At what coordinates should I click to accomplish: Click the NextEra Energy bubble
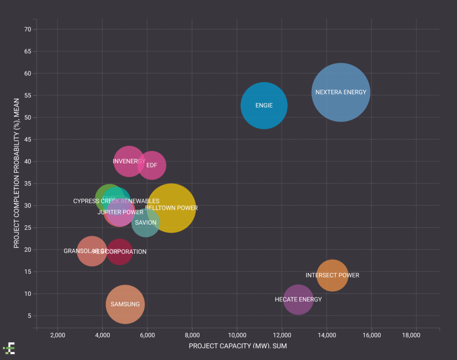point(341,92)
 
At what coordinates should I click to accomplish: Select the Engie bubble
point(264,105)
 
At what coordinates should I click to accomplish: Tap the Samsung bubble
point(125,304)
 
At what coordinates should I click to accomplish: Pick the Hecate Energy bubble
point(298,299)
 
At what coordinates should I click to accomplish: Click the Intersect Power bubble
point(332,275)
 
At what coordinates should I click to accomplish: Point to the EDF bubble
point(152,165)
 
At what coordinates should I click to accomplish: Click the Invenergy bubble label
point(129,161)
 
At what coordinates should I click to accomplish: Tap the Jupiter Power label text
point(120,212)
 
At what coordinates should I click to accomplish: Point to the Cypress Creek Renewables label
point(116,201)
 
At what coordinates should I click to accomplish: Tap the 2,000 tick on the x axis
point(58,335)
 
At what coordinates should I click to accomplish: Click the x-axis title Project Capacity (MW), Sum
point(237,346)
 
